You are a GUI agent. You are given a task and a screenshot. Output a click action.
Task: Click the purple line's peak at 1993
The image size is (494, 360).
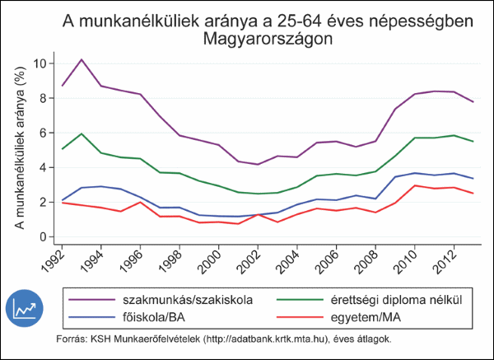click(x=82, y=60)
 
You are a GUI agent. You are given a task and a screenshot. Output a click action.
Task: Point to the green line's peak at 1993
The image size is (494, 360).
click(x=82, y=133)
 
